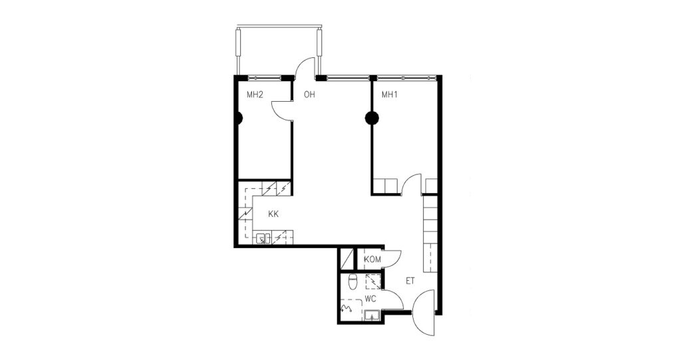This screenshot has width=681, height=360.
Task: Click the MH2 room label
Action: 255,94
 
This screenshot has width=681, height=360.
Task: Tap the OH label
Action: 309,94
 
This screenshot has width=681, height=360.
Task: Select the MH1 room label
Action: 390,94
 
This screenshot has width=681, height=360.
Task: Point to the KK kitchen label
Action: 273,214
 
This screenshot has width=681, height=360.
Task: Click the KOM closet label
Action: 372,260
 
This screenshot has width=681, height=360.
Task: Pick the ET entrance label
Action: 410,281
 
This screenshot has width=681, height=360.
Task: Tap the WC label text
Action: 370,299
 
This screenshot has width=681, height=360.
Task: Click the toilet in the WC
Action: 353,281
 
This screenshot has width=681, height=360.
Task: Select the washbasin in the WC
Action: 372,315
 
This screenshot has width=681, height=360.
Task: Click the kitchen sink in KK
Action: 263,238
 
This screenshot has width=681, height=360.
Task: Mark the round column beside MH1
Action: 372,118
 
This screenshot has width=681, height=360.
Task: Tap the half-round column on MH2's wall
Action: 239,118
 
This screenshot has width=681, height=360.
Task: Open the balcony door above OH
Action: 304,70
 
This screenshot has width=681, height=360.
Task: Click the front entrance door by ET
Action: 424,312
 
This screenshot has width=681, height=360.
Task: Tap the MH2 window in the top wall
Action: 265,79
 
